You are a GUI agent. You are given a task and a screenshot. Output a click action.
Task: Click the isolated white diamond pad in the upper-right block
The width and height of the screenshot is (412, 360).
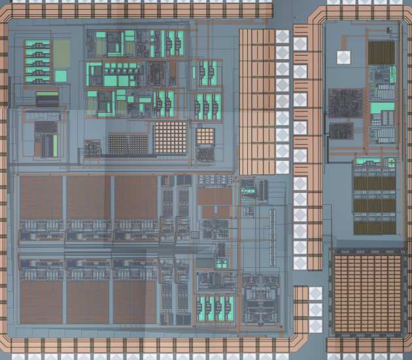[x=344, y=57]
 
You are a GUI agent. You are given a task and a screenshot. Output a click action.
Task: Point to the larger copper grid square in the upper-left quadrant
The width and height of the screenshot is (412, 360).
[x=170, y=137]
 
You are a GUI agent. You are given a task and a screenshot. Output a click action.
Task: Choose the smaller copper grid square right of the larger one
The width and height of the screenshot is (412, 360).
[x=205, y=136]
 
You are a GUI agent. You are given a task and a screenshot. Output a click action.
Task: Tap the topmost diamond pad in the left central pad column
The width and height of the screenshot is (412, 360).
[x=282, y=37]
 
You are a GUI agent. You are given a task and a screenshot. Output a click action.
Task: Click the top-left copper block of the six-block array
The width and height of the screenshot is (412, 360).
[x=41, y=196]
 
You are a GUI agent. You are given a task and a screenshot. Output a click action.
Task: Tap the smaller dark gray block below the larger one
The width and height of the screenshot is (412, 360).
[x=341, y=131]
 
